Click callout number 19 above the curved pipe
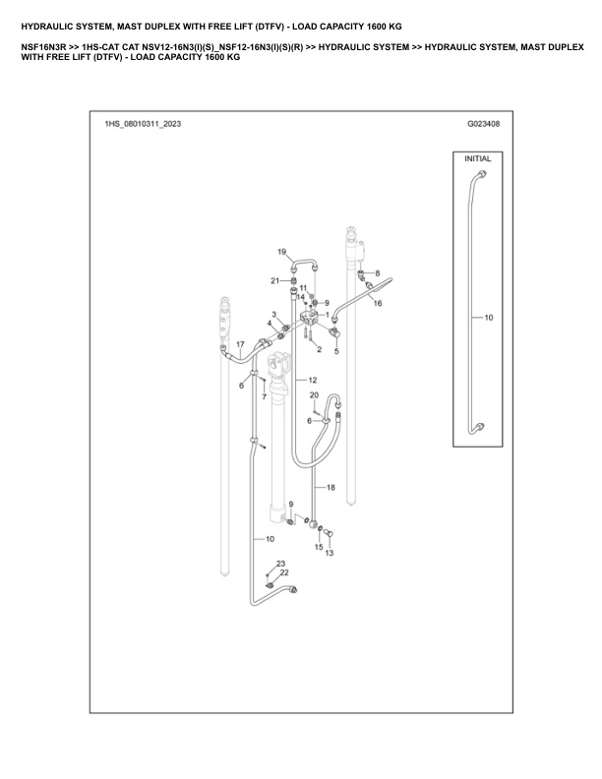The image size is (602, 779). (x=281, y=253)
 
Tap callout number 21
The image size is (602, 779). (x=275, y=281)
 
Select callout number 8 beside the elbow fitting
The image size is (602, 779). (x=376, y=272)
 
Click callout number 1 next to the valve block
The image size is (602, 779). (x=327, y=315)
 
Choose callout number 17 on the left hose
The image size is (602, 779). (x=239, y=343)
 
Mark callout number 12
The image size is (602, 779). (x=312, y=380)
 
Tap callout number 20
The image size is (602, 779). (x=314, y=395)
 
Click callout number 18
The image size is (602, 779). (x=331, y=488)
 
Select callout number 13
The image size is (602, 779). (x=330, y=554)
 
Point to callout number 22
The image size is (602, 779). (x=284, y=572)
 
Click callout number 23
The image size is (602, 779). (x=280, y=563)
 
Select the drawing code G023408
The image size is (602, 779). (x=483, y=125)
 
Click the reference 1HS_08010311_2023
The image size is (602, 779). (x=143, y=125)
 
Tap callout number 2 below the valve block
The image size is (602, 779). (x=320, y=349)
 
